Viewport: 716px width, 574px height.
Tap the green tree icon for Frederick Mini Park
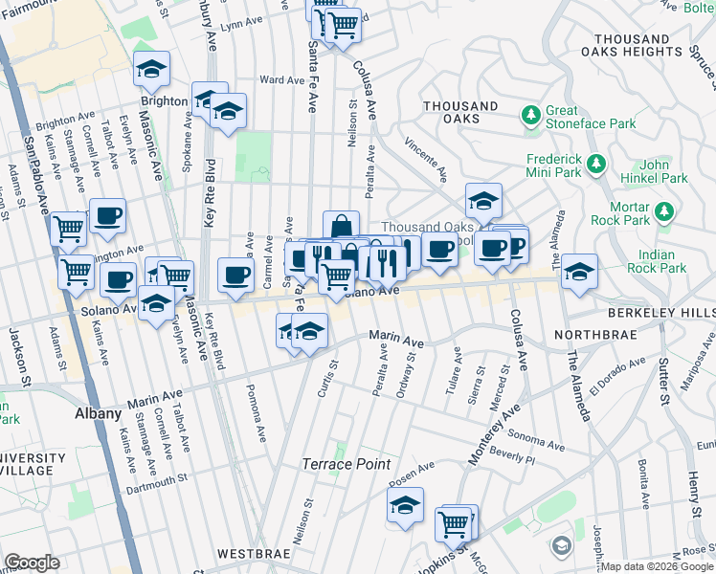[597, 164]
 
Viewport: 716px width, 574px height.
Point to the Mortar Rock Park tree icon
[663, 210]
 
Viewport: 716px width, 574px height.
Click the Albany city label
[98, 414]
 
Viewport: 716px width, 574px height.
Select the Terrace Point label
[347, 464]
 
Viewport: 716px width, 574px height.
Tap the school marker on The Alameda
[579, 272]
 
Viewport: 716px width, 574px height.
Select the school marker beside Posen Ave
[405, 505]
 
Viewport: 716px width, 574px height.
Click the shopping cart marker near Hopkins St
[455, 523]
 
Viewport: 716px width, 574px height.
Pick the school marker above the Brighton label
[151, 69]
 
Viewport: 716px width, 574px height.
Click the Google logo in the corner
[32, 563]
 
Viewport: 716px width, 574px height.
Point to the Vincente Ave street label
[427, 159]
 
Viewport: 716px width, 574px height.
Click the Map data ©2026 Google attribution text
[658, 566]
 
